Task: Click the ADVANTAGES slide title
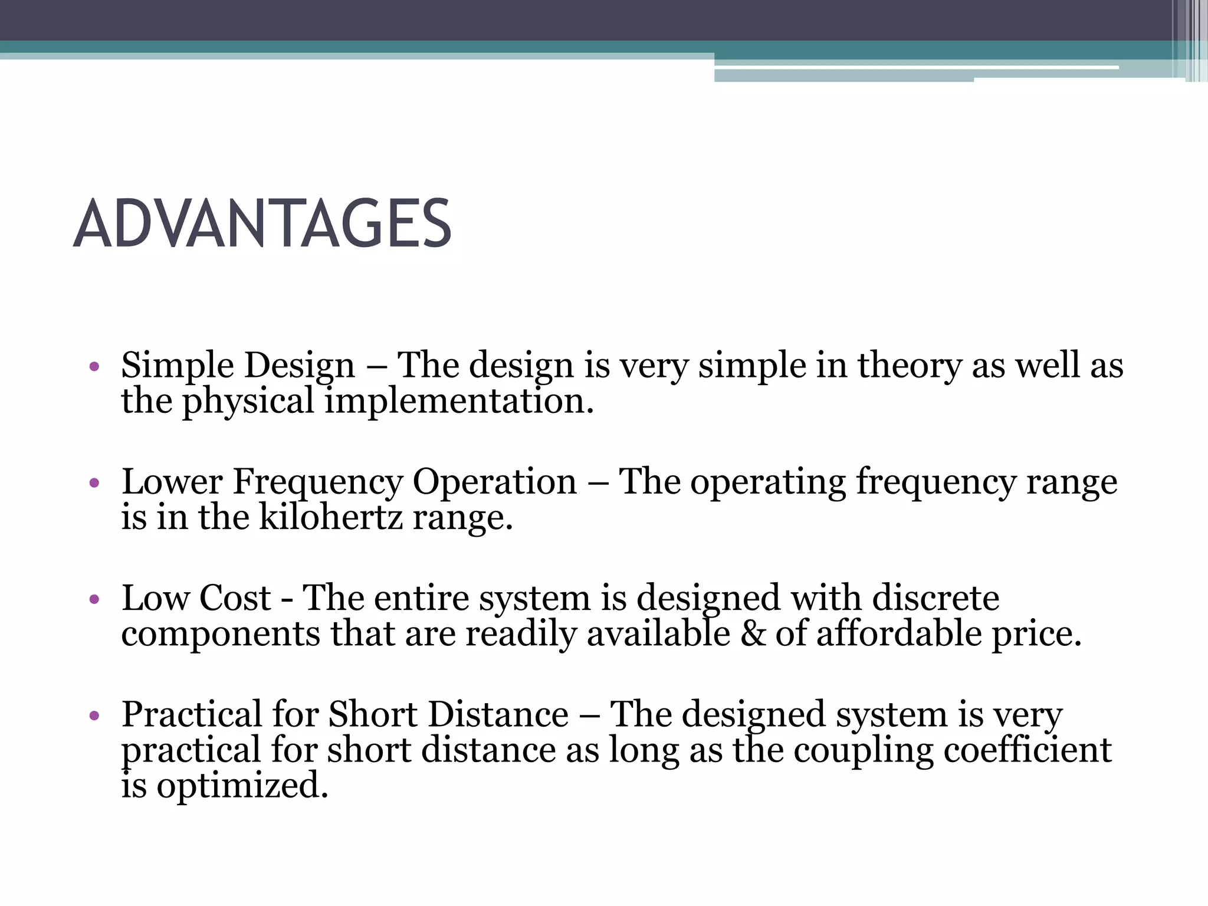click(x=262, y=224)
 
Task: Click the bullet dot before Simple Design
click(x=94, y=368)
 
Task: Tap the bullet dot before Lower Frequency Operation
click(x=94, y=484)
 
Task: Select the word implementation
click(x=459, y=401)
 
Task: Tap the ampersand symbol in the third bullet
click(x=753, y=634)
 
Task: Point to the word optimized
click(x=242, y=786)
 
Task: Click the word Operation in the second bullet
click(x=494, y=483)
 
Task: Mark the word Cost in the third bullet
click(x=234, y=598)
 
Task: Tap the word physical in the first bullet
click(x=248, y=402)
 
